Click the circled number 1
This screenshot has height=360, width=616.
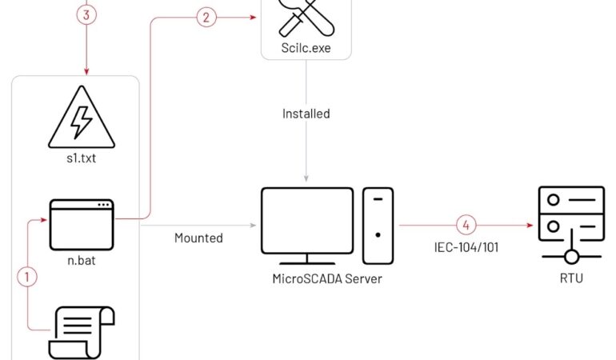click(x=27, y=277)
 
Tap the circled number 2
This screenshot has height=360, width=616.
click(x=206, y=18)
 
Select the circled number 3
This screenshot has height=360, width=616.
click(x=86, y=15)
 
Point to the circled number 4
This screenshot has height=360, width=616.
click(x=466, y=225)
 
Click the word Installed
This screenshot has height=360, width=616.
click(x=306, y=114)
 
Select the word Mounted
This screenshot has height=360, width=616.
click(x=198, y=238)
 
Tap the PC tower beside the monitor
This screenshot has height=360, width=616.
click(x=378, y=225)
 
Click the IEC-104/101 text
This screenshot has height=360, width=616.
click(x=466, y=247)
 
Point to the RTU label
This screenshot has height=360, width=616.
click(x=571, y=279)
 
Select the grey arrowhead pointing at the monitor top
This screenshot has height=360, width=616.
click(x=306, y=178)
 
